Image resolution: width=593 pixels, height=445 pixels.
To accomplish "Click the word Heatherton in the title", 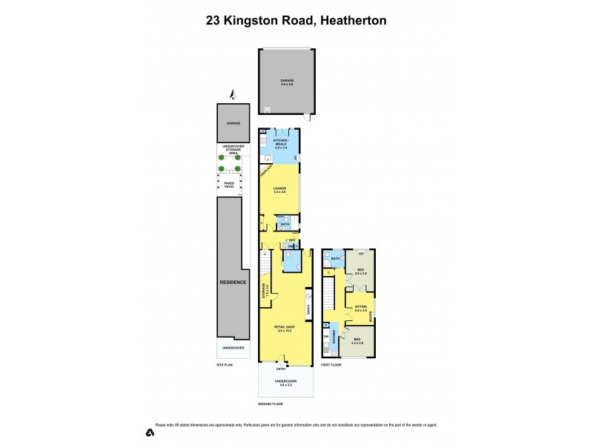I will click(351, 22).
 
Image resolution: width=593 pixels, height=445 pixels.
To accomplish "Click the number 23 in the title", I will click(215, 22).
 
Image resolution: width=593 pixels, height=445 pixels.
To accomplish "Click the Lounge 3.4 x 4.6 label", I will click(280, 191).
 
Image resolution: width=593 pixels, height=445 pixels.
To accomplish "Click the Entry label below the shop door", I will click(281, 369).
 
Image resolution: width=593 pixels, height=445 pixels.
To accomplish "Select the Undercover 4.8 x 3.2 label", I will click(285, 384).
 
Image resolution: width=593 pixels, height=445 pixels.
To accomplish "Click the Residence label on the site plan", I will click(233, 283).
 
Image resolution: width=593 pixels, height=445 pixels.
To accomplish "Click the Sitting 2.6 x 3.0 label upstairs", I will click(361, 307).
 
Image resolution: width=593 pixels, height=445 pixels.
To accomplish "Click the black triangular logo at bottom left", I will click(150, 432).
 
